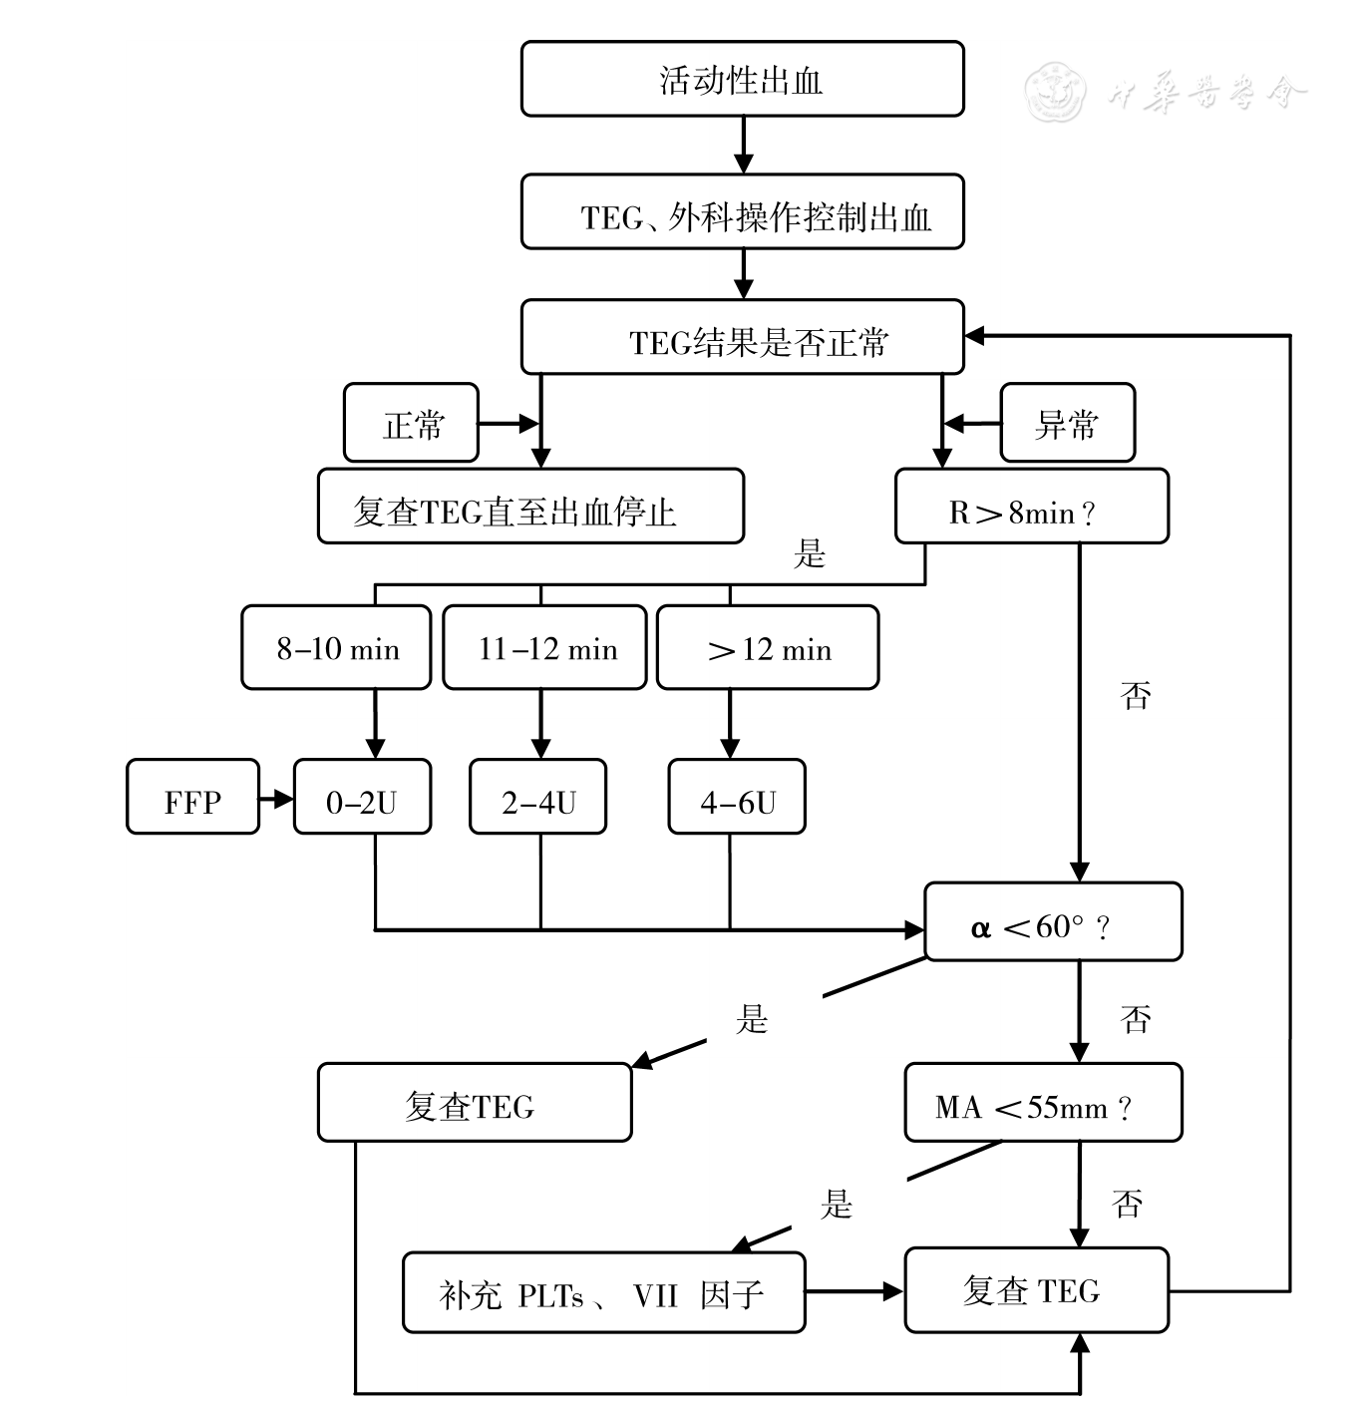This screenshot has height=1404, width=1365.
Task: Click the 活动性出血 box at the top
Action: [x=742, y=79]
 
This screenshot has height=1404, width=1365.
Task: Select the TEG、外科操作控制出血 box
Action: [x=742, y=212]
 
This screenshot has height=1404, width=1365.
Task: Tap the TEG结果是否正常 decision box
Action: [x=742, y=338]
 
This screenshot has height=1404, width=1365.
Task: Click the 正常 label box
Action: [x=411, y=424]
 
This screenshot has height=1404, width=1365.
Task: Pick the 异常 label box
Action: [x=1067, y=424]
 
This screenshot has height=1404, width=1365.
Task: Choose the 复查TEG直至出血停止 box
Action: [x=530, y=507]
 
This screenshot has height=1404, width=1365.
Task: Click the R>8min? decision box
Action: [x=1031, y=507]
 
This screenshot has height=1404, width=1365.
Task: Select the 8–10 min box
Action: [x=336, y=647]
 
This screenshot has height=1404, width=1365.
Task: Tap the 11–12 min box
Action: [x=544, y=647]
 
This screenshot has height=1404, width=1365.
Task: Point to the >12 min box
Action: [x=767, y=647]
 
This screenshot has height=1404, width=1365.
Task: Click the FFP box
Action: [x=192, y=797]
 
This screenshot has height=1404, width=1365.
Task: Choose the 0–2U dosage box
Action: [x=362, y=797]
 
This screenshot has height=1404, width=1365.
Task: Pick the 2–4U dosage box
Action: [x=537, y=797]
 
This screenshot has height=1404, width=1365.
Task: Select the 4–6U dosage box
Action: [x=736, y=797]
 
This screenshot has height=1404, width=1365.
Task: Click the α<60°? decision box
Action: [x=1052, y=922]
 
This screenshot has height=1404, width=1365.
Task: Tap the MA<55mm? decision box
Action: [x=1042, y=1103]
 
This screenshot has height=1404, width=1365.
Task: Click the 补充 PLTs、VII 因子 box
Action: [x=603, y=1292]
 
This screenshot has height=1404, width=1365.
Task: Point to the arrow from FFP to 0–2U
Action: [x=276, y=798]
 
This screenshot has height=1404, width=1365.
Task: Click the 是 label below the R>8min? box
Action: [x=810, y=554]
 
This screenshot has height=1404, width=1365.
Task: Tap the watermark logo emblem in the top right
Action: [x=1056, y=92]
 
